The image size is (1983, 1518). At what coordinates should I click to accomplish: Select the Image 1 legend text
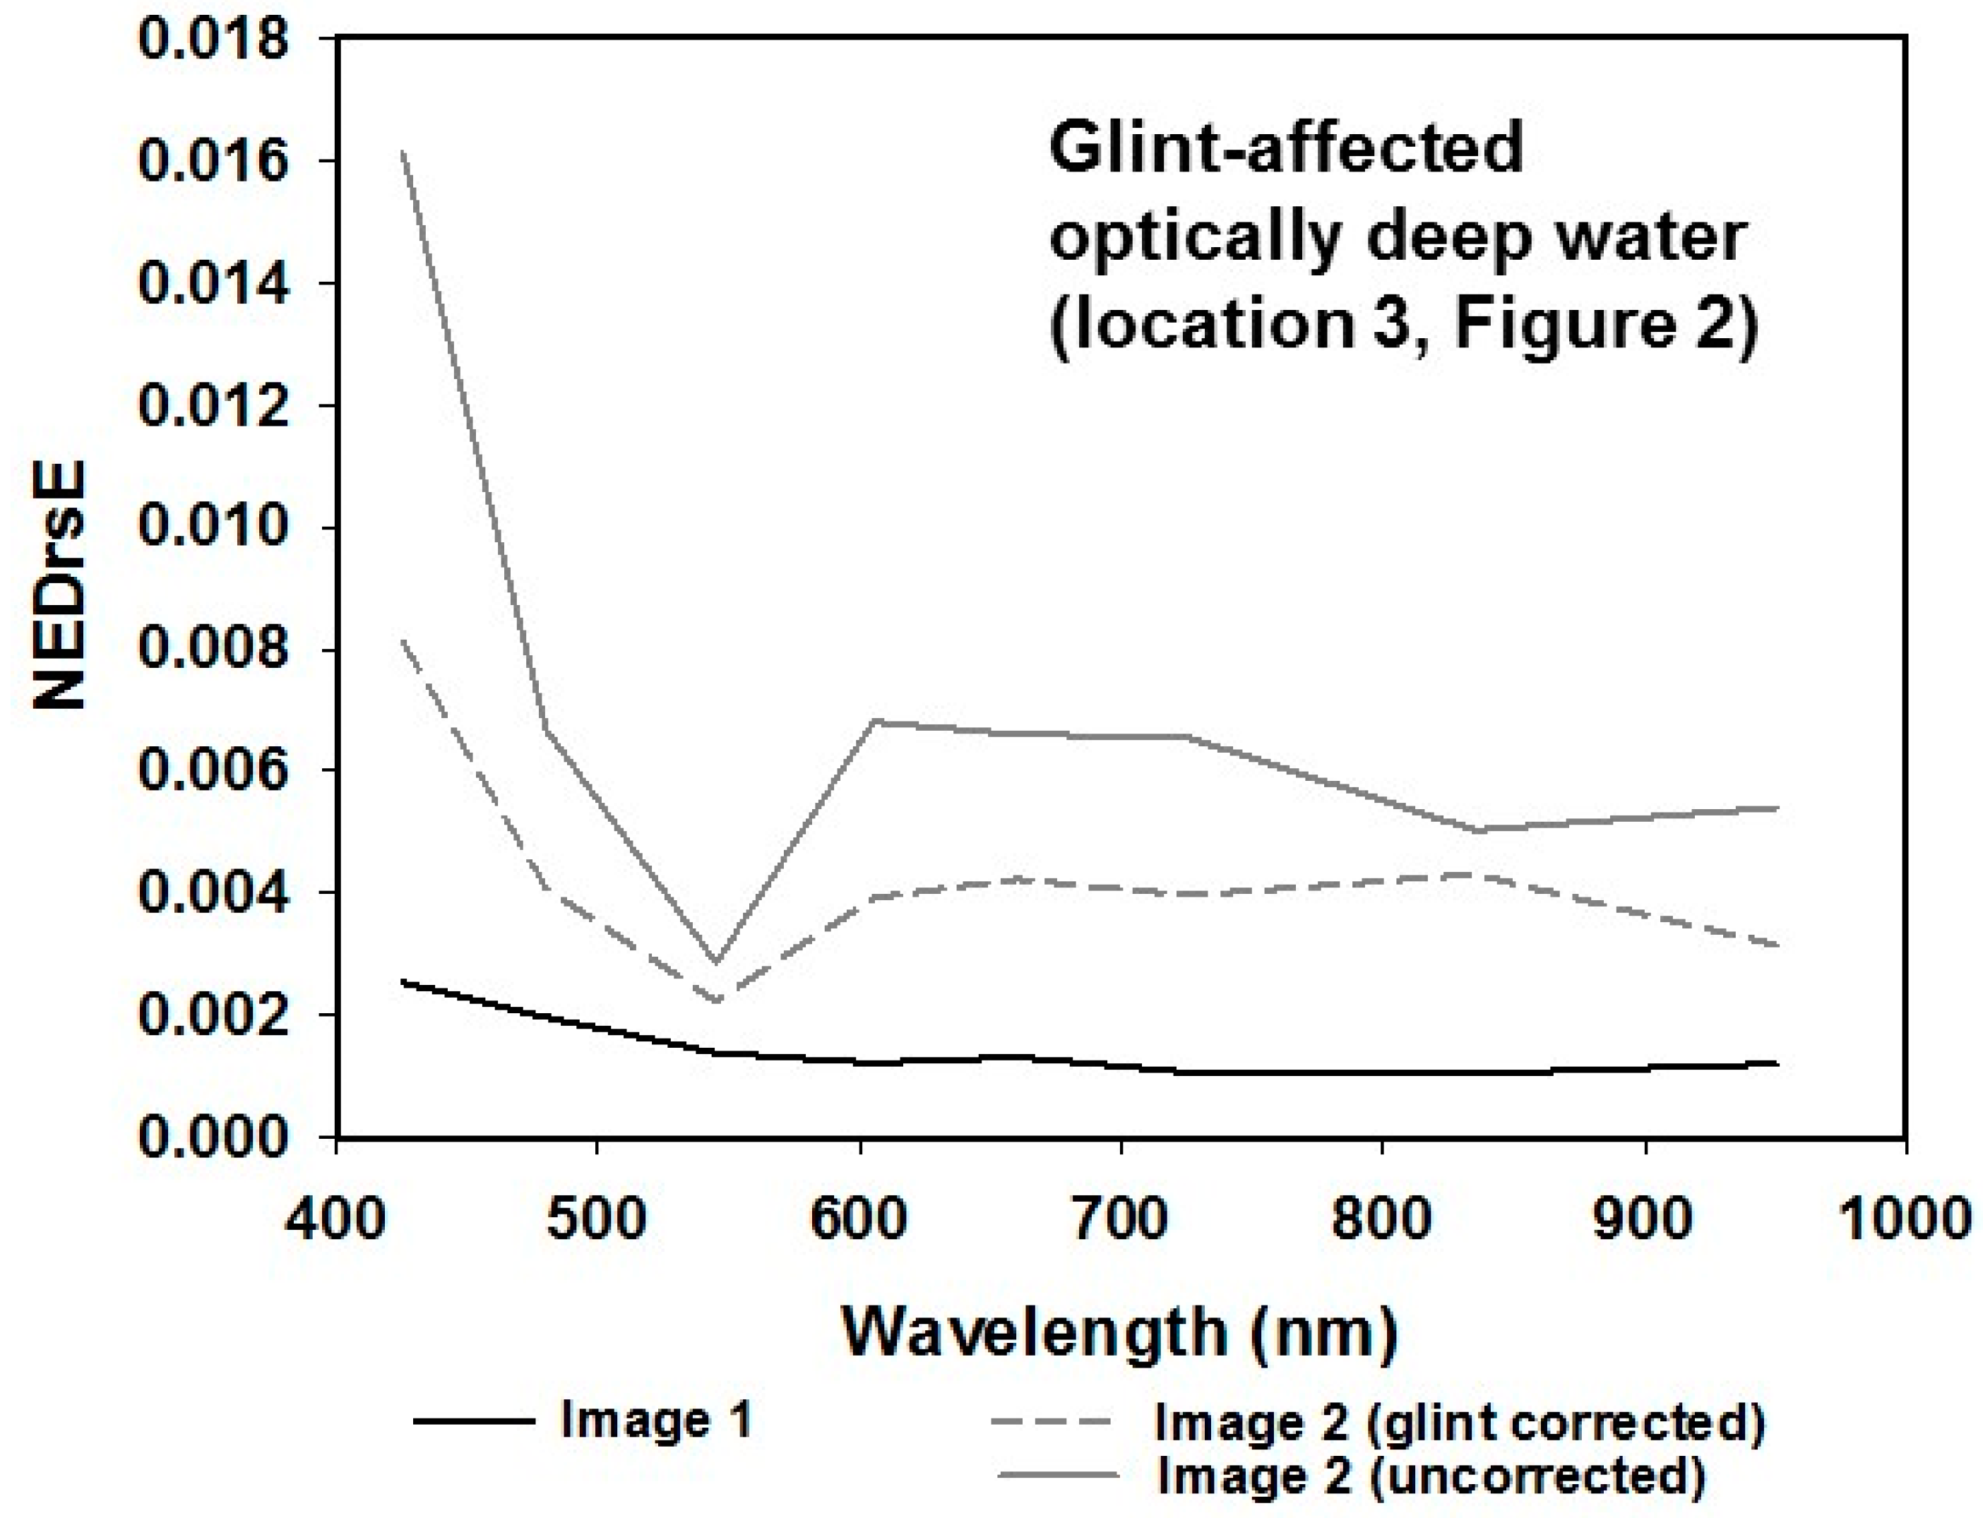[656, 1420]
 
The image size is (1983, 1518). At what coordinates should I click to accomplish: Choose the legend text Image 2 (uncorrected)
[1431, 1476]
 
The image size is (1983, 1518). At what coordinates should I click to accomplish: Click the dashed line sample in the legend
[1053, 1421]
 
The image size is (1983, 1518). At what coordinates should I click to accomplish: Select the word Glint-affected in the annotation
[1286, 150]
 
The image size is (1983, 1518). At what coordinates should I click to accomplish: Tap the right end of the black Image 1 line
[1776, 1063]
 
